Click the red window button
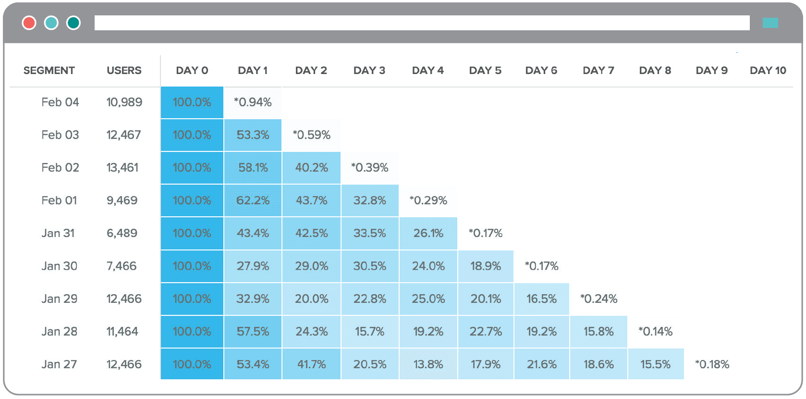(x=29, y=23)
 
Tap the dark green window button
(x=73, y=23)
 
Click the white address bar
(x=422, y=23)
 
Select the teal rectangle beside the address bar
(x=770, y=23)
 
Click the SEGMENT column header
(x=49, y=71)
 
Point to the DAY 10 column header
(x=768, y=71)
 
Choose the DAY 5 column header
(x=485, y=71)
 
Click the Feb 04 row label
(x=60, y=102)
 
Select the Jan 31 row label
(x=58, y=233)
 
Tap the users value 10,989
(x=124, y=102)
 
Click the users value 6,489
(x=122, y=233)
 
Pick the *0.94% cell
(x=253, y=102)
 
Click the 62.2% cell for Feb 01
(x=253, y=200)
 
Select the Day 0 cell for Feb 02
(x=192, y=168)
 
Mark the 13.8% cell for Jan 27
(x=428, y=364)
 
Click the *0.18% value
(x=712, y=364)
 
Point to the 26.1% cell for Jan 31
(x=428, y=233)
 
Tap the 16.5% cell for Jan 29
(x=541, y=299)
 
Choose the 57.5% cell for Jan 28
(x=253, y=332)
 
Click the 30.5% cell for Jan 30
(x=369, y=266)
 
